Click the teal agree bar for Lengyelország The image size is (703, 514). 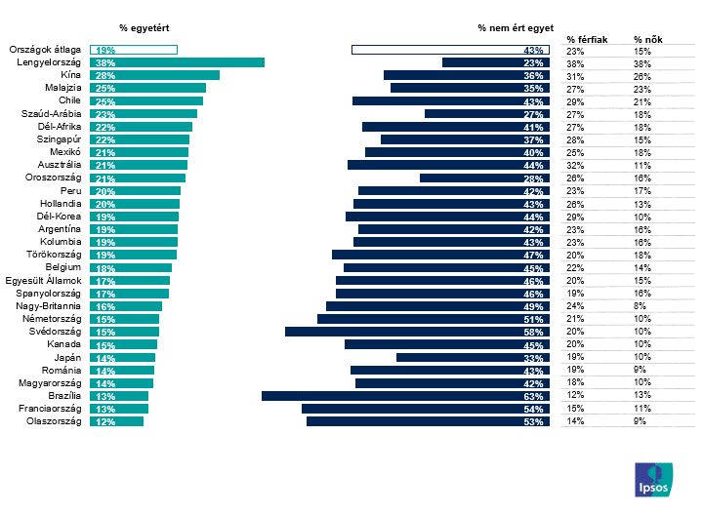coord(177,62)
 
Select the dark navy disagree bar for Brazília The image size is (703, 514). coord(406,396)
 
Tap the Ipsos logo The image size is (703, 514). coord(653,480)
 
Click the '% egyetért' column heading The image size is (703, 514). coord(145,28)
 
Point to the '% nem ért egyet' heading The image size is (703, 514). coord(516,28)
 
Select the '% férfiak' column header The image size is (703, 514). coord(587,40)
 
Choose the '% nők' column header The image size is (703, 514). coord(648,40)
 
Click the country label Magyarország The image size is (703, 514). coord(50,383)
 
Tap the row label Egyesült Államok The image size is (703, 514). coord(44,281)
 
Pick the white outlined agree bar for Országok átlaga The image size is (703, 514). coord(134,50)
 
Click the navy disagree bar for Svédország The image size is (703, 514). coord(418,332)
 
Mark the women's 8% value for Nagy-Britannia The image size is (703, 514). coord(640,306)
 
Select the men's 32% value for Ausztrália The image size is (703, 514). coord(575,166)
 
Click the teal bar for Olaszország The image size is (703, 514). coord(116,421)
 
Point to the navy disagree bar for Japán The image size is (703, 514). coord(473,358)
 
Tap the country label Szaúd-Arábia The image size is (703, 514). coord(52,114)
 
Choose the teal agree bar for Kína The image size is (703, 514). coord(154,75)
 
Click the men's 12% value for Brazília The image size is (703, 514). coord(575,395)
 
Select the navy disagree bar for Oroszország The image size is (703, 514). coord(484,178)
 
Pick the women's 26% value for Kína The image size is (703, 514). coord(642,77)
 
